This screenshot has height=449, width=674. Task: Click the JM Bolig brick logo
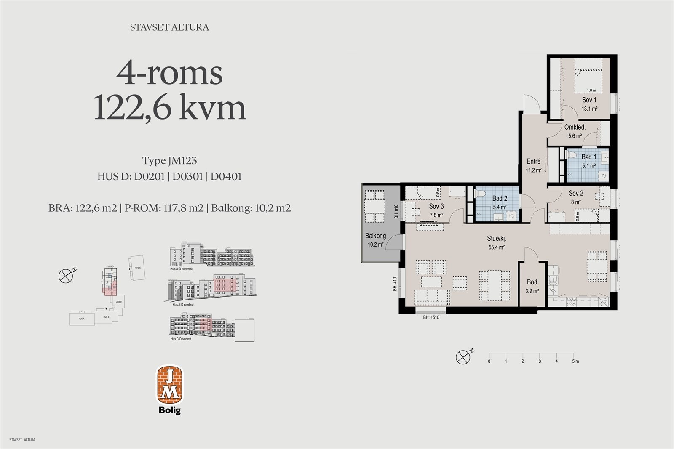[170, 385]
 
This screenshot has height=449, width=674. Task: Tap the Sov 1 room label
[589, 100]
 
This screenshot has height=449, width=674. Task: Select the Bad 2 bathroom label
[500, 198]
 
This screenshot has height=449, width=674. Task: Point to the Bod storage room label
[532, 282]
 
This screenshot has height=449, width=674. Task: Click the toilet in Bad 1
[572, 155]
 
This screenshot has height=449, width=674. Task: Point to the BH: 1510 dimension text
[431, 317]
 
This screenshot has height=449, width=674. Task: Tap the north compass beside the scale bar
[463, 357]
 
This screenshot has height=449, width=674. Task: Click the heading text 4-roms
[169, 73]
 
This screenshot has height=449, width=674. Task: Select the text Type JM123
[169, 161]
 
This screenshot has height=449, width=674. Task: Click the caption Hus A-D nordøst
[182, 304]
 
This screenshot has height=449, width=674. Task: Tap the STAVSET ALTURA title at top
[169, 27]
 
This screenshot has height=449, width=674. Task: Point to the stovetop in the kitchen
[572, 301]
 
